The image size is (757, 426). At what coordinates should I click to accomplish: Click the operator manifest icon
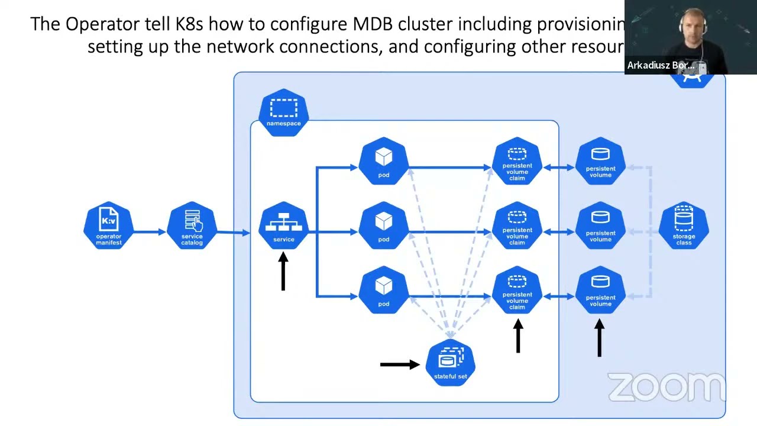coord(109,225)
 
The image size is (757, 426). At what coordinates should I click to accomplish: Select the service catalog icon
coord(192,225)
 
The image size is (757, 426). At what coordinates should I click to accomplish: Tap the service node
coord(283,225)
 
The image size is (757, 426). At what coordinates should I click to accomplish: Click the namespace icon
coord(284,112)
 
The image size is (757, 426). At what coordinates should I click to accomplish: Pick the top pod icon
coord(384,161)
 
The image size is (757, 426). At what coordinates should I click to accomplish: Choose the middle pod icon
coord(384,225)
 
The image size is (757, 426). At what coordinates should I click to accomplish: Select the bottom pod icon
coord(384,290)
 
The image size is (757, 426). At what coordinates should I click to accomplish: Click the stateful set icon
coord(451,363)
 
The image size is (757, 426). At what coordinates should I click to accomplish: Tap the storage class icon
coord(684,225)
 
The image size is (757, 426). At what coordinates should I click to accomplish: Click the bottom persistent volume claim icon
coord(517,290)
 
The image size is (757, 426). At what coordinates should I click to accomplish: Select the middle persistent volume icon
coord(600,225)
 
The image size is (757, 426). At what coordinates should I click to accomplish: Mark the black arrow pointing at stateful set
coord(400,364)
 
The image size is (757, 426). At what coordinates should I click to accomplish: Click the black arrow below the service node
coord(283,272)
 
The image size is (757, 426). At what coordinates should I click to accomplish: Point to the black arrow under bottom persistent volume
coord(600,338)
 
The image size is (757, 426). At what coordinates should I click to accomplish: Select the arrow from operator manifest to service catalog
coord(150,231)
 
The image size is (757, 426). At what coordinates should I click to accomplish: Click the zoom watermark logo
coord(666,387)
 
